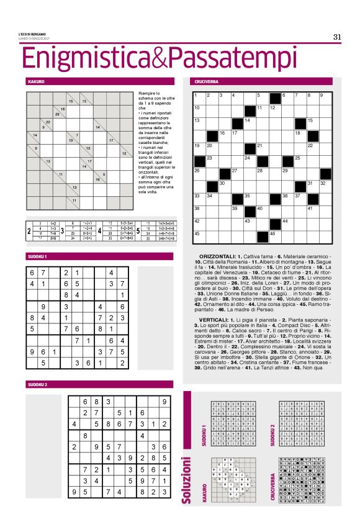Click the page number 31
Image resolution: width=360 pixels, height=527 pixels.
337,37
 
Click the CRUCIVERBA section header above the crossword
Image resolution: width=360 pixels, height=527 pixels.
207,81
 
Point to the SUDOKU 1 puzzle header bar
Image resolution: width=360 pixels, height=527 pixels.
38,256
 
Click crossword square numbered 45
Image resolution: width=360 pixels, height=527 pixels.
200,236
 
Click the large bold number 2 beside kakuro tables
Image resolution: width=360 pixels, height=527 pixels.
29,230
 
